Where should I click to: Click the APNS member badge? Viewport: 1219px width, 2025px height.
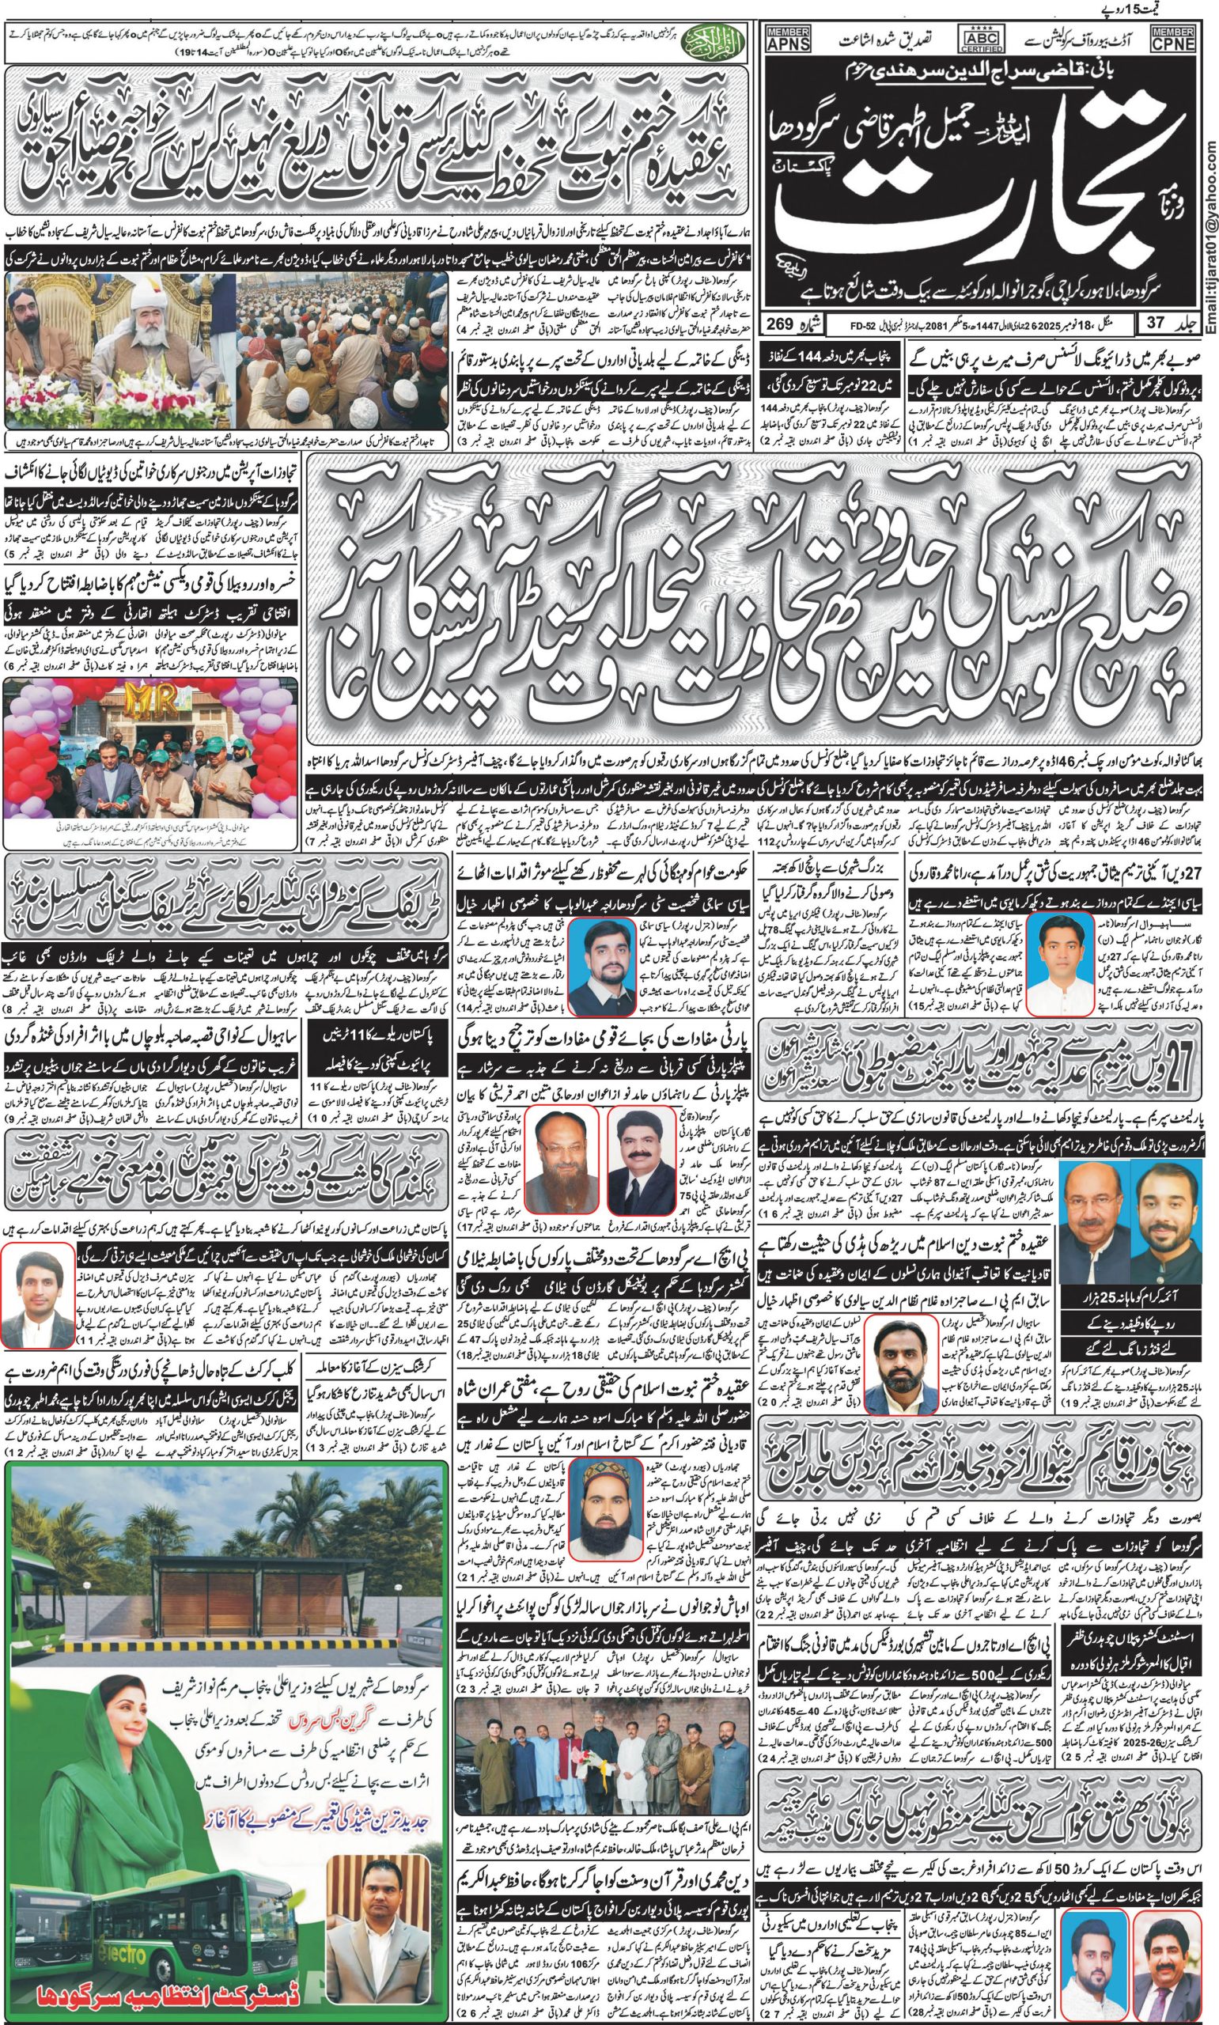pos(786,39)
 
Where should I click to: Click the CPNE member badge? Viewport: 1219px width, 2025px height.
pos(1173,39)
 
